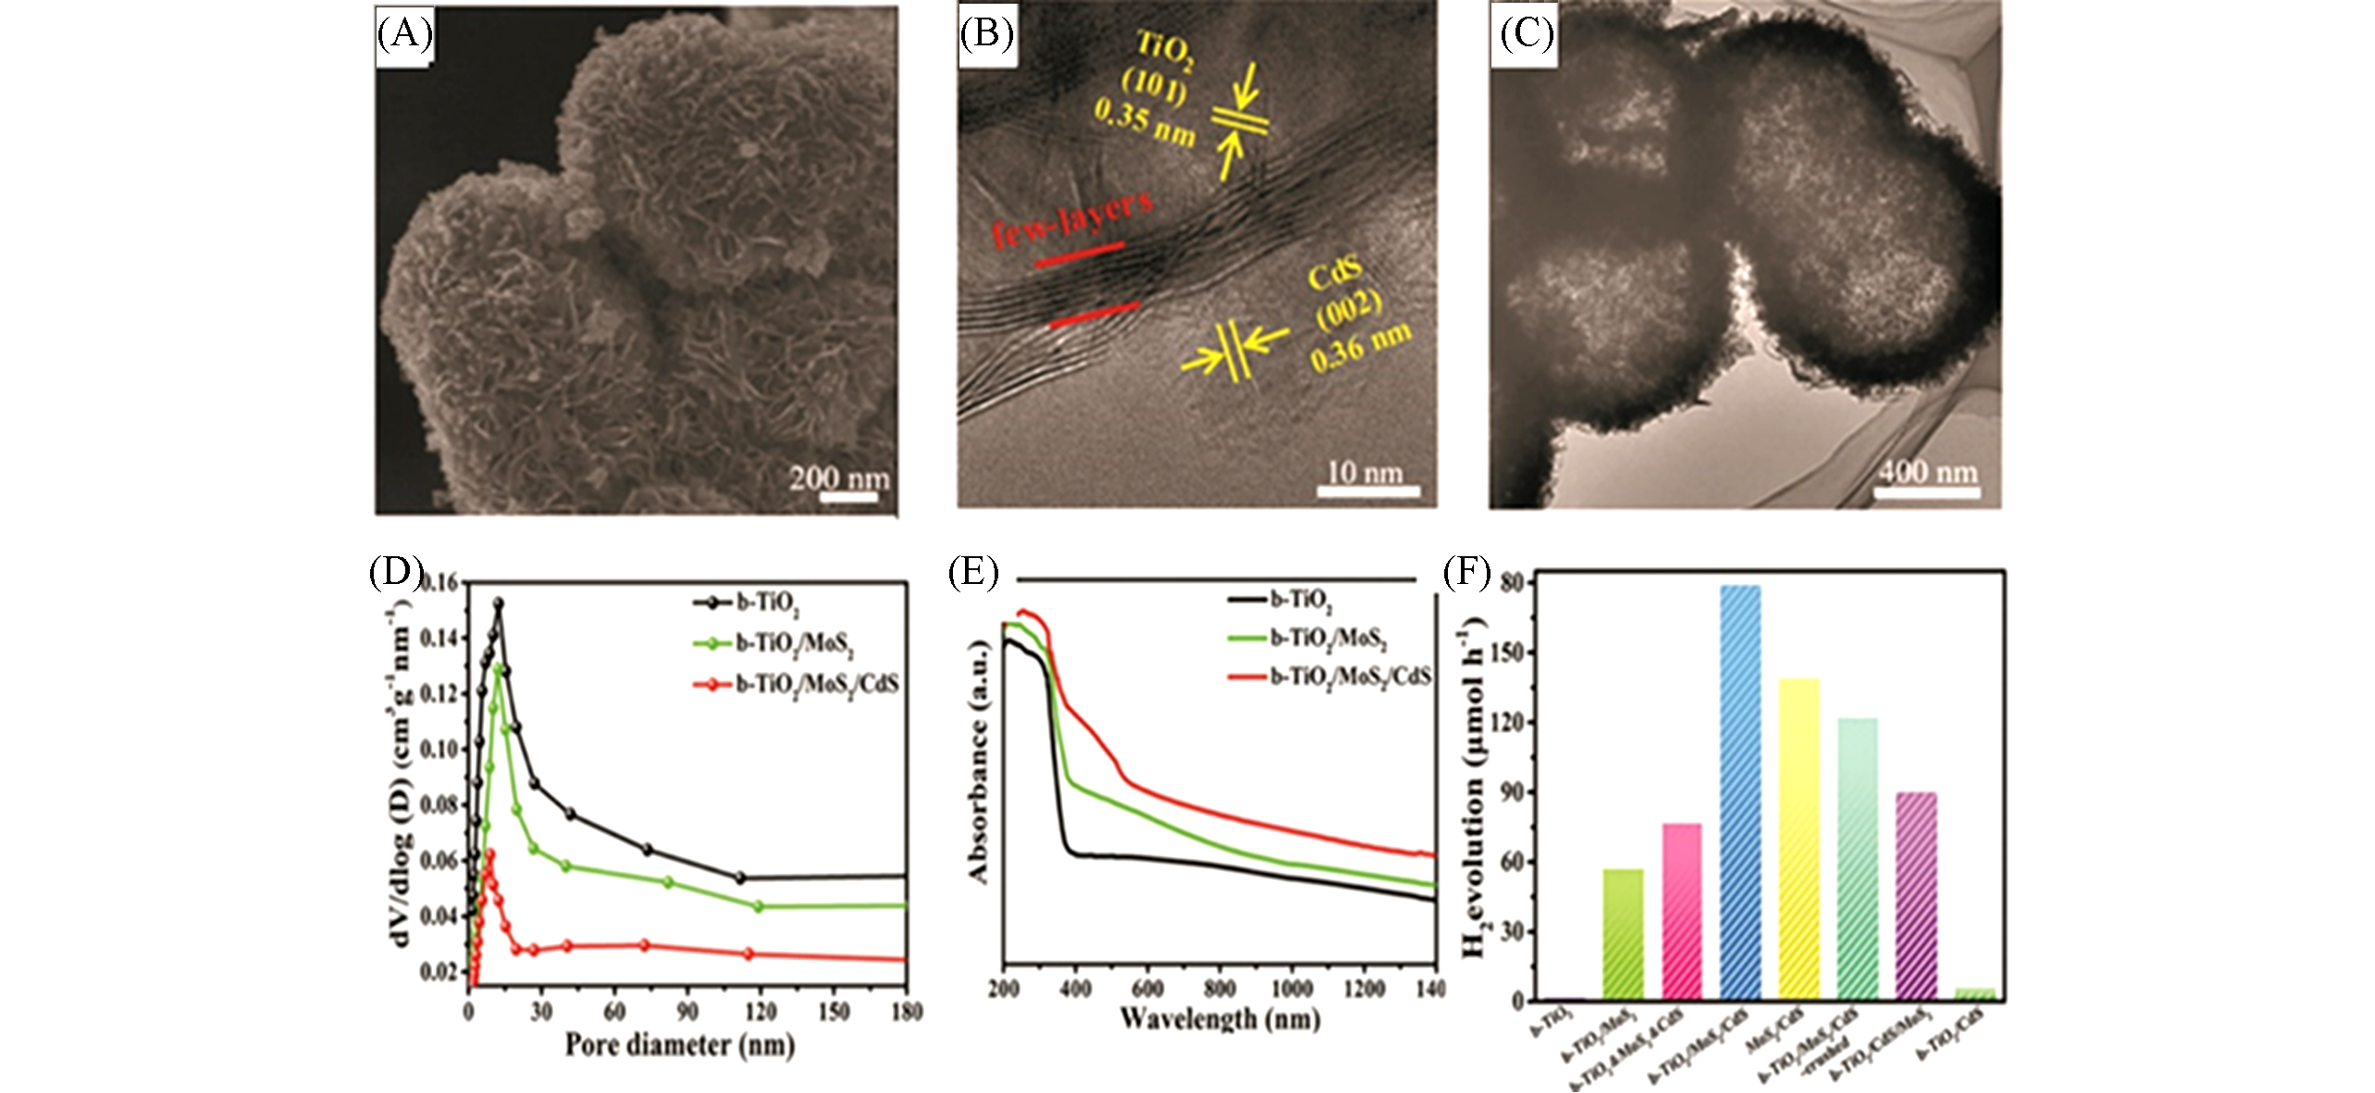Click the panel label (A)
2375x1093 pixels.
click(404, 34)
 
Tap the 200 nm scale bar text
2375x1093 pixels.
click(839, 478)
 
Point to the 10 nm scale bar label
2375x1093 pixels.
click(1365, 472)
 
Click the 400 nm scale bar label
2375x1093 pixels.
click(1927, 472)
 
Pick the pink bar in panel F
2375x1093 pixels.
click(1681, 912)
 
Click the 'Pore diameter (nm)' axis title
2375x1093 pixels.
click(679, 1045)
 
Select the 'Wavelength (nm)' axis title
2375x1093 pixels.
click(1219, 1019)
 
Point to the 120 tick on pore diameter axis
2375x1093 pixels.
click(760, 1011)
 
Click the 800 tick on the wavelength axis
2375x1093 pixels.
click(1219, 988)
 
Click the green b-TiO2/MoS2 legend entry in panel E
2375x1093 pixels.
click(1328, 639)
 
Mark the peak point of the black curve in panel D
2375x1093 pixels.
click(499, 603)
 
